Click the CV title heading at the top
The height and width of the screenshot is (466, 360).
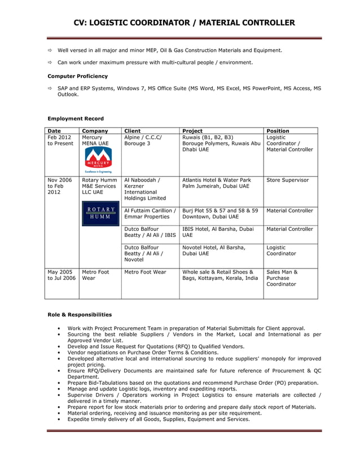(x=185, y=23)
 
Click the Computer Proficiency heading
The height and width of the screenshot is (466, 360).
(x=77, y=76)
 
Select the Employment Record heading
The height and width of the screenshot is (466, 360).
(x=76, y=118)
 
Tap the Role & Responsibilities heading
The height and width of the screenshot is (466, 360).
(x=80, y=314)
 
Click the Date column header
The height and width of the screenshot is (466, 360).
(x=55, y=131)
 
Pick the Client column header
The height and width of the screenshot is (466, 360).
(x=132, y=131)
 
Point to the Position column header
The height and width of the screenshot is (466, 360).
(x=278, y=131)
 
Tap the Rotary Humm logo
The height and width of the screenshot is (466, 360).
(x=100, y=213)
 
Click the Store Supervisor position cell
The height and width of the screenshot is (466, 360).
(x=287, y=180)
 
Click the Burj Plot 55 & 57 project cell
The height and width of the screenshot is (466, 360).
(x=220, y=213)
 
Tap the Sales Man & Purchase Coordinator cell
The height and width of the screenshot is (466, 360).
(x=282, y=278)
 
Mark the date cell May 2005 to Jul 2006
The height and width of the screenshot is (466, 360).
(x=60, y=275)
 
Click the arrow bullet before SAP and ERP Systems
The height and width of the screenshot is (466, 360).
(x=50, y=89)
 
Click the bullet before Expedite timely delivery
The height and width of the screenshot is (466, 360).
(x=59, y=419)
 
